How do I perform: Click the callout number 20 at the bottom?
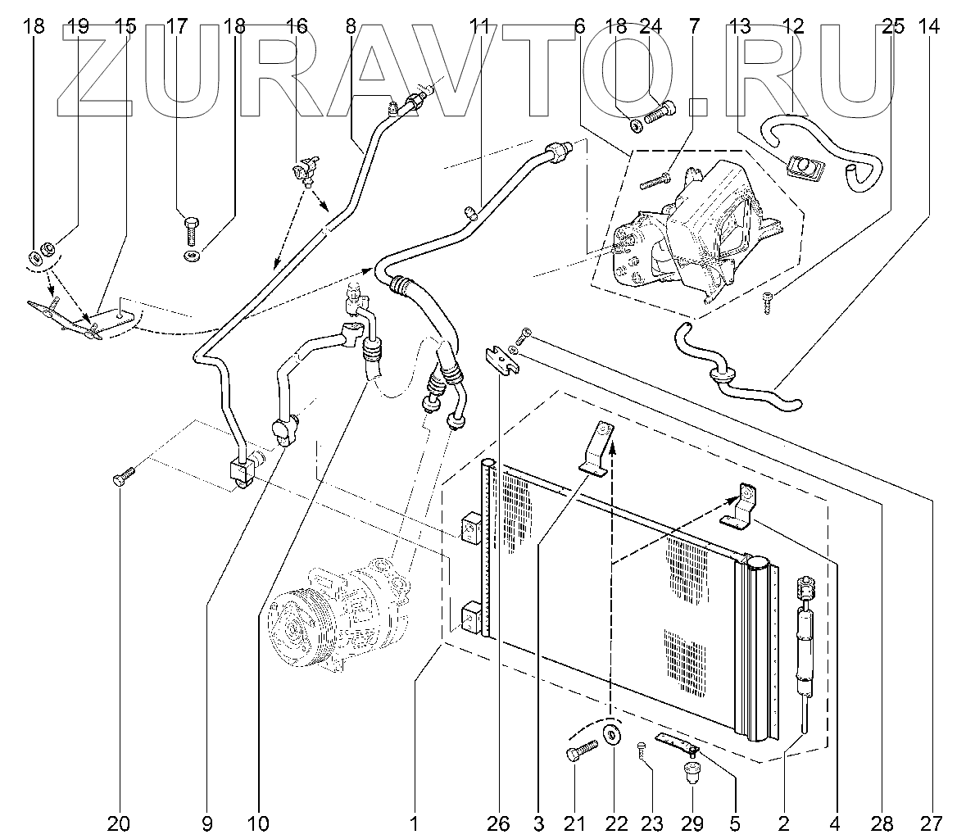120,822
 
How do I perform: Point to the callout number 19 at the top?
79,26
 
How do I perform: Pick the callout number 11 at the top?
479,26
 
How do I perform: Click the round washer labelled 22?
612,732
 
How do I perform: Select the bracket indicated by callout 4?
740,506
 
